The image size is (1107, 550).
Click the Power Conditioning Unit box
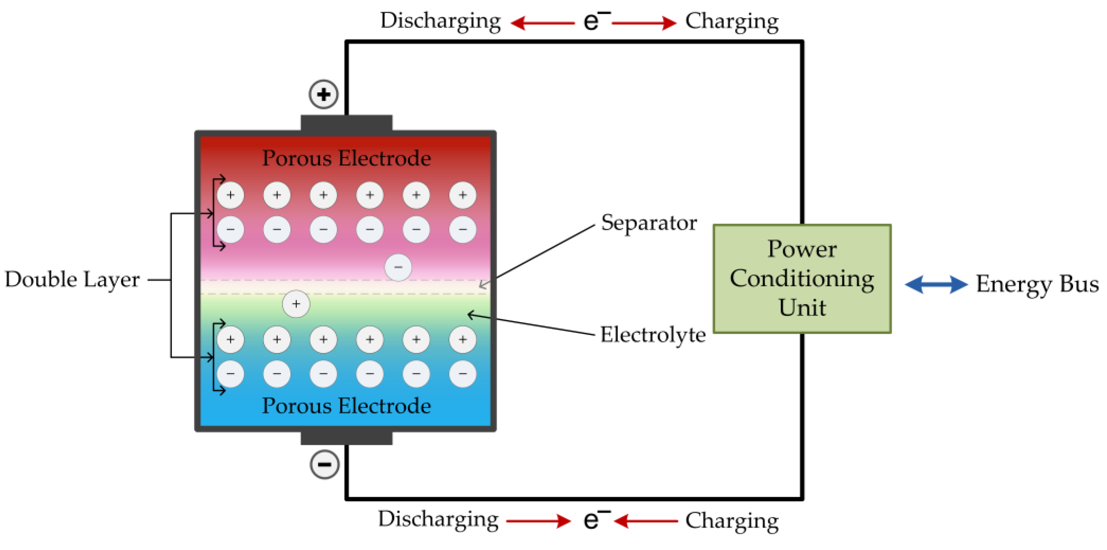coord(802,278)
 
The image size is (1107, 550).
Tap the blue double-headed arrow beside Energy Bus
coord(936,284)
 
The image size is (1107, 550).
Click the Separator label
coord(649,223)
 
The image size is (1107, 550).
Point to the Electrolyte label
coord(652,335)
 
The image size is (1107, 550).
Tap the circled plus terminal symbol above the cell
coord(324,94)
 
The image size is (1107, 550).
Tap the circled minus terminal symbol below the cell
coord(324,464)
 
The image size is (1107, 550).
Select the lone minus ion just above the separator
coord(398,267)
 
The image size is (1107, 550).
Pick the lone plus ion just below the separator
coord(296,304)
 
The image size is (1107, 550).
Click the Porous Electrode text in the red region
coord(347,158)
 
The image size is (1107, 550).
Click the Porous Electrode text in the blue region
coord(347,406)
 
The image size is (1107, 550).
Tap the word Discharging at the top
coord(440,20)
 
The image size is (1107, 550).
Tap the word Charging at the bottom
coord(732,520)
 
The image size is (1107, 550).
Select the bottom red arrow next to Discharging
coord(539,521)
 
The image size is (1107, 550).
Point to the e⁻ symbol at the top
coord(595,20)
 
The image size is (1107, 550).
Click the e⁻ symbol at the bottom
coord(595,520)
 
